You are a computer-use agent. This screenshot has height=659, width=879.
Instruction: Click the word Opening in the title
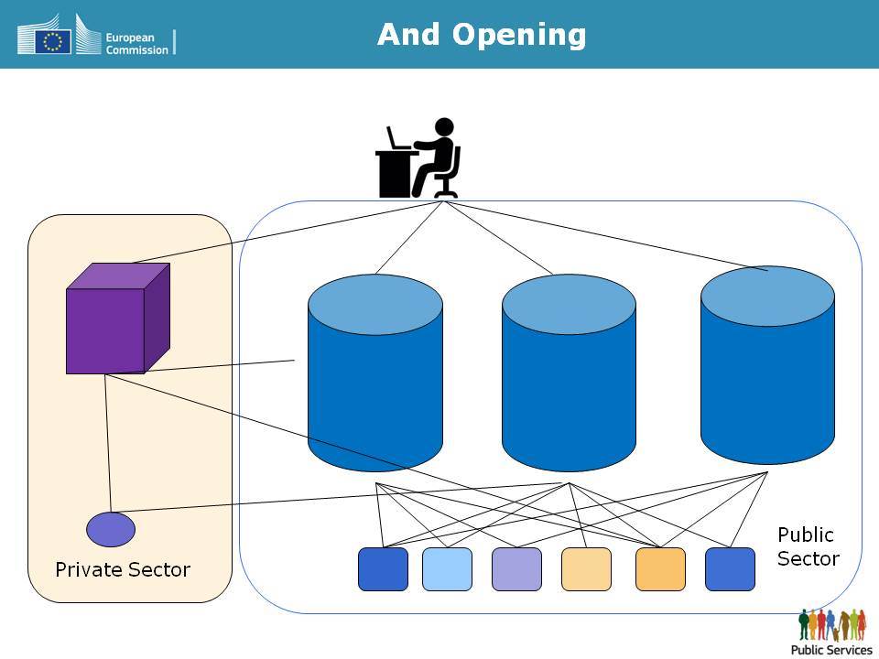pos(519,36)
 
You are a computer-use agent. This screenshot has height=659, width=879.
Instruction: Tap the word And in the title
pos(408,34)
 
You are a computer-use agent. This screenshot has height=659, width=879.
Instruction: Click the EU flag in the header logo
pos(53,41)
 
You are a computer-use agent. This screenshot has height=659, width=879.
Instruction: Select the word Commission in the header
pos(136,49)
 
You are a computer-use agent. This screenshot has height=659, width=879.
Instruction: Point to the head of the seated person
pos(444,126)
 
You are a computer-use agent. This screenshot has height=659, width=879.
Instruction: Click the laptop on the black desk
pos(396,138)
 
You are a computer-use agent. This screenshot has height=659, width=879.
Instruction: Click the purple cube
pos(118,319)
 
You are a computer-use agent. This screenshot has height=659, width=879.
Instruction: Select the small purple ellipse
pos(111,530)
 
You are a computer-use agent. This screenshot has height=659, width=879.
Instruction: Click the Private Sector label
pos(123,570)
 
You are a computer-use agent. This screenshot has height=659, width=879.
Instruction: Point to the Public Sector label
pos(808,546)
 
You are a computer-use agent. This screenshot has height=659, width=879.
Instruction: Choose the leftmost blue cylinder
pos(375,373)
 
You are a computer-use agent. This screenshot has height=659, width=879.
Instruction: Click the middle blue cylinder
pos(569,373)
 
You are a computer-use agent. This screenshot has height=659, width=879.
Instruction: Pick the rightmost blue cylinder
pos(767,365)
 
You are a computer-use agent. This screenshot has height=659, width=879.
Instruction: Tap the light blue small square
pos(447,569)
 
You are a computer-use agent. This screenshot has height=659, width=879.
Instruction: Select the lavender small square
pos(516,569)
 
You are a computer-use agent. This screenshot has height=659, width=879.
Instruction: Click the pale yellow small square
pos(586,569)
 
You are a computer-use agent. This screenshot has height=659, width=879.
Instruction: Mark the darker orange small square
pos(660,569)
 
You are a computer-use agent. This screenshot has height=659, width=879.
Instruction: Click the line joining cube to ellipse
pos(108,443)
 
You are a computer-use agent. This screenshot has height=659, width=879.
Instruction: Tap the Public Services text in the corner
pos(831,650)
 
